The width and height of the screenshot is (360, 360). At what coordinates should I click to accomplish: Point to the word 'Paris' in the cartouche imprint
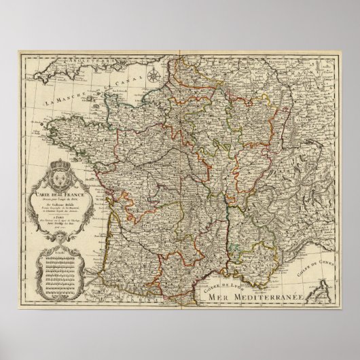[60, 219]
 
